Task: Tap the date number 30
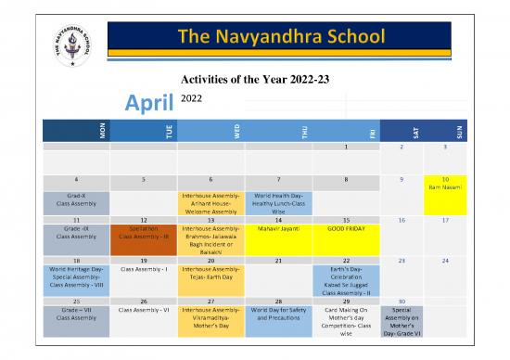402,301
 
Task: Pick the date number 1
346,147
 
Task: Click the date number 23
402,261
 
